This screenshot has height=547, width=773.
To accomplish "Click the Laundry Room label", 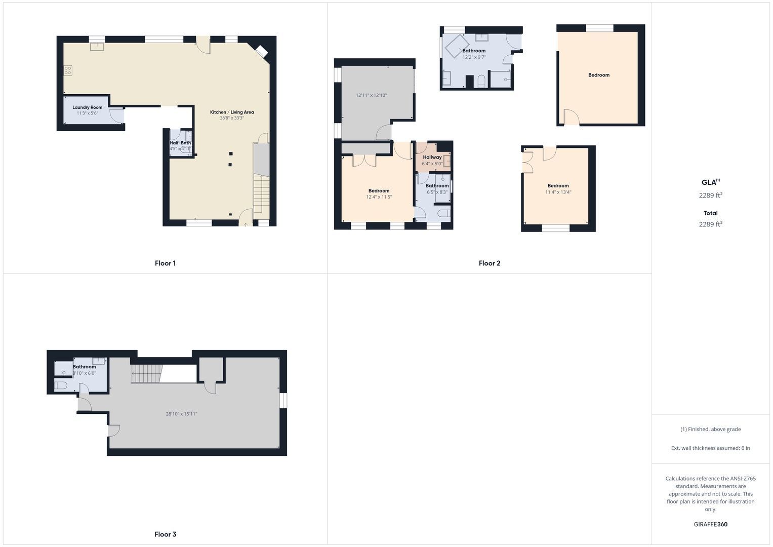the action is tap(87, 107).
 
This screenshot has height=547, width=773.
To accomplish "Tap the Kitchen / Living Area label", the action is tap(232, 112).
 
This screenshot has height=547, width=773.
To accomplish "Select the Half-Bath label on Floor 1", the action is tap(180, 143).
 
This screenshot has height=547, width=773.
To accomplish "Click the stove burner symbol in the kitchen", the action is tap(68, 70).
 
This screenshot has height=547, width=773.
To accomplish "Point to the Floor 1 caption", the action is tap(166, 263).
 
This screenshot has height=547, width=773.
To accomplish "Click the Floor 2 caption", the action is tap(490, 263).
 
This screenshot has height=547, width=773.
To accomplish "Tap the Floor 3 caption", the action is tap(166, 534).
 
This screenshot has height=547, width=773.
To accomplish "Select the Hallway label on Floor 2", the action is tap(432, 157).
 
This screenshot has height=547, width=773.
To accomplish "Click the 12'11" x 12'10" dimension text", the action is tap(372, 95).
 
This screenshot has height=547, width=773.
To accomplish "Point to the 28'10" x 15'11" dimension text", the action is tap(182, 414).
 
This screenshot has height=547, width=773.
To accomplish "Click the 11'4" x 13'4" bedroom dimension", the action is tap(558, 192).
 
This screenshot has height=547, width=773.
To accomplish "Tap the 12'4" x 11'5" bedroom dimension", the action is tap(379, 197).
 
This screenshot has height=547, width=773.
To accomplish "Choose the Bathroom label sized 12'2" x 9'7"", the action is tap(474, 51).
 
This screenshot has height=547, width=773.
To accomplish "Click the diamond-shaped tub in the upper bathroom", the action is tap(457, 46).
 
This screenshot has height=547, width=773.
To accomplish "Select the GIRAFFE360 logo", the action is tap(711, 524).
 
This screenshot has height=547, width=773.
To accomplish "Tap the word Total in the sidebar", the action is tap(711, 213).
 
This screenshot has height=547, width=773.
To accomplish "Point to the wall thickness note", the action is tap(711, 448).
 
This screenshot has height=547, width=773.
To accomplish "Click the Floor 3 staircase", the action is tap(146, 374).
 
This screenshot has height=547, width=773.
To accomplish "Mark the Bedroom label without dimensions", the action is tap(599, 75).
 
